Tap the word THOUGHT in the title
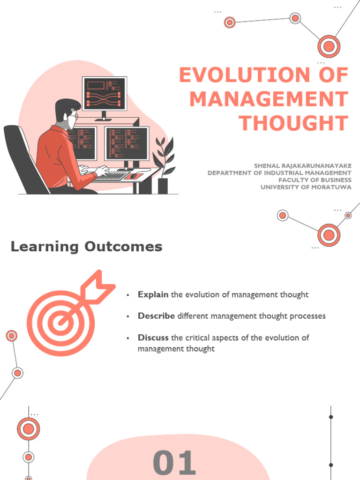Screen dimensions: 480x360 [x=293, y=123]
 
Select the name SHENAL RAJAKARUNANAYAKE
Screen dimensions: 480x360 [x=303, y=166]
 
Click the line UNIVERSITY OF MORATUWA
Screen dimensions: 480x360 [x=306, y=187]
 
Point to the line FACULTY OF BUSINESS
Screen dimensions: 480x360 [x=315, y=180]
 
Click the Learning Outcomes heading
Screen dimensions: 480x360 [x=86, y=247]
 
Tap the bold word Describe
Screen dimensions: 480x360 [x=156, y=316]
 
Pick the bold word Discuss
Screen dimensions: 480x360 [x=153, y=337]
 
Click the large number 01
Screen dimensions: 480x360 [x=174, y=463]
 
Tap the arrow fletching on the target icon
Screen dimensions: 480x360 [x=101, y=284]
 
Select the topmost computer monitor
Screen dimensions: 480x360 [x=105, y=93]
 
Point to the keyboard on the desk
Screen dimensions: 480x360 [x=112, y=176]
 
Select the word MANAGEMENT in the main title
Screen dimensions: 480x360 [x=269, y=99]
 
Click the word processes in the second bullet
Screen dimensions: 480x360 [x=305, y=316]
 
